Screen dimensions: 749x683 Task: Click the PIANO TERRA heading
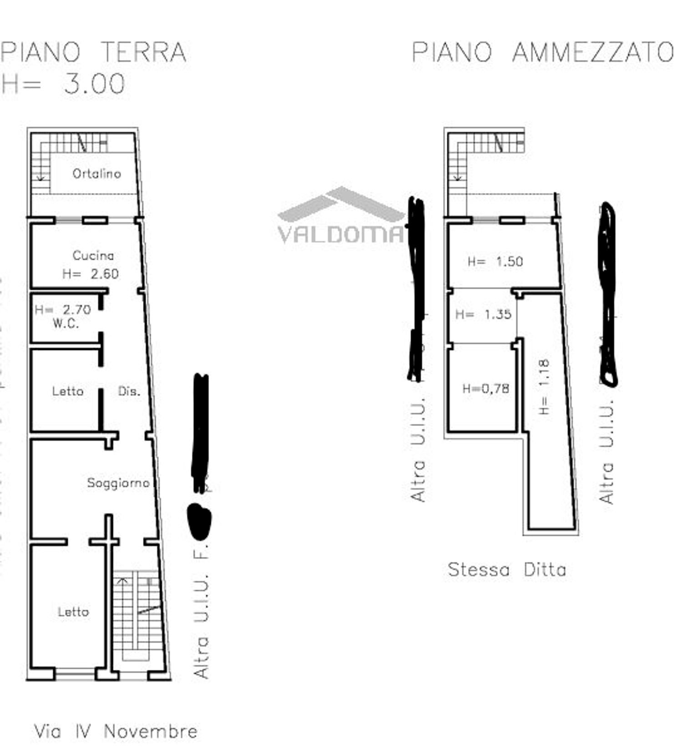93,52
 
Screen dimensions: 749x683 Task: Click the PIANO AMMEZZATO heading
542,52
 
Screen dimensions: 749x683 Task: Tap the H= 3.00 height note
64,84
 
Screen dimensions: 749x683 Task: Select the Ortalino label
97,173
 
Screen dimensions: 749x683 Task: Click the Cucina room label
93,255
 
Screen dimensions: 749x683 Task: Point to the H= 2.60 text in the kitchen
91,273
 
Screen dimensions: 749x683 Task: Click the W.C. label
66,324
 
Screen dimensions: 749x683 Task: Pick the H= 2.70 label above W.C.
63,310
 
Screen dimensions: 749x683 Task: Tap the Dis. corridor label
129,391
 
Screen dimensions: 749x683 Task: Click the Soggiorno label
118,483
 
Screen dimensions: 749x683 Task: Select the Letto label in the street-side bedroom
73,612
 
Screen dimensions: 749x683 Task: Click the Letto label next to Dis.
68,391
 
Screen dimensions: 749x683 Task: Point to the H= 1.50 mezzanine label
495,262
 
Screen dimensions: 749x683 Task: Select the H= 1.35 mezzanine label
483,314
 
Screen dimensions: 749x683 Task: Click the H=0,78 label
485,389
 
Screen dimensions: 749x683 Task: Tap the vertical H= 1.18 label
544,387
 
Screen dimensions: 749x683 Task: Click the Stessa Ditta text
507,570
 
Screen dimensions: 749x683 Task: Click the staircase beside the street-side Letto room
137,614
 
